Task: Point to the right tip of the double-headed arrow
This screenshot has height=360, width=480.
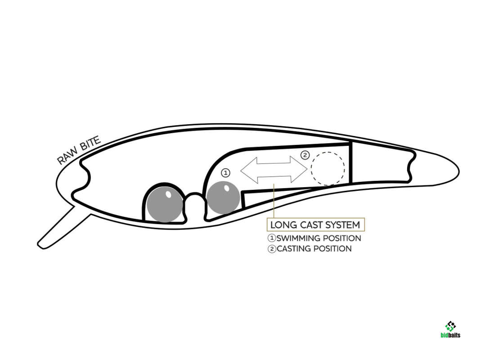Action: point(307,168)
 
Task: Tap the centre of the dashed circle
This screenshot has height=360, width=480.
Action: point(328,169)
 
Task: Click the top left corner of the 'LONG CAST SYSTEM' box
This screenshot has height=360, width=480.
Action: point(267,218)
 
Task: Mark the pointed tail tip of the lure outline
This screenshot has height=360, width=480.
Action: point(459,171)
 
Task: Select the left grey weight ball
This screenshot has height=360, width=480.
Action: point(165,204)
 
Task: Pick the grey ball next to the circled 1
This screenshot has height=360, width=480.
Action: point(223,198)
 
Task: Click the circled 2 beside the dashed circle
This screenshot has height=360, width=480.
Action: point(305,155)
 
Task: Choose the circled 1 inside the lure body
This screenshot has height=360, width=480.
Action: point(225,173)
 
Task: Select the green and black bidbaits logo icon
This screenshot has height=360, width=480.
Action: point(450,326)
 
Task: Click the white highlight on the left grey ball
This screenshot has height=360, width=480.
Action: point(168,194)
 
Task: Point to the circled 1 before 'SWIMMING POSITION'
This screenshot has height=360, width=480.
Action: point(272,238)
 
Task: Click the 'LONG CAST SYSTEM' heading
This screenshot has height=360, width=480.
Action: point(315,225)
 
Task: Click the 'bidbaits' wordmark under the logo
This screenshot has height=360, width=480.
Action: point(450,335)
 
